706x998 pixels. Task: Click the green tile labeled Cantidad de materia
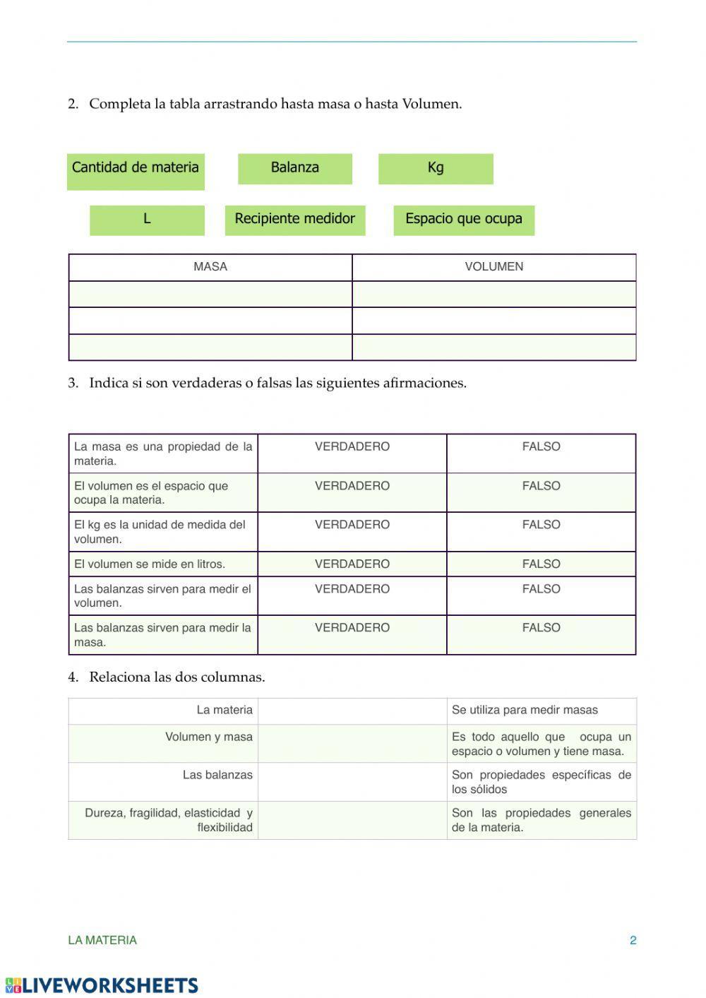tap(136, 171)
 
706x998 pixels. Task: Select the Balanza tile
tap(294, 168)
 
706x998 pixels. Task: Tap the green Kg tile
tap(436, 168)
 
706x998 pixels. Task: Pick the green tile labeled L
tap(147, 220)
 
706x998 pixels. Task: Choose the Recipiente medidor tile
tap(294, 220)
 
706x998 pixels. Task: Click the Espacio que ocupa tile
tap(464, 220)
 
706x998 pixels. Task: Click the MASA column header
tap(210, 267)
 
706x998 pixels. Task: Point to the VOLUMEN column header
tap(494, 267)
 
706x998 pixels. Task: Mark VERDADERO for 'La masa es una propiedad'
tap(352, 447)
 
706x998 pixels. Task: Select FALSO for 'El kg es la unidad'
tap(541, 525)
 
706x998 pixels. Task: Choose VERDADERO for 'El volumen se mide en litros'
tap(352, 564)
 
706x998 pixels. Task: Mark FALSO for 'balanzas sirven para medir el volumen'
tap(541, 589)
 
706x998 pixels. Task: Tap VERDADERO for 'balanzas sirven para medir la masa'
tap(352, 628)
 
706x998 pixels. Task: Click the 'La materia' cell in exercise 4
tap(224, 711)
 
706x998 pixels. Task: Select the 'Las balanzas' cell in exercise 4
tap(217, 776)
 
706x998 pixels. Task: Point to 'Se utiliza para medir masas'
tap(525, 711)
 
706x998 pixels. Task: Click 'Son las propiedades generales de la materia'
tap(541, 820)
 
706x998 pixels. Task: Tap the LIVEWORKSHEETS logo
tap(102, 985)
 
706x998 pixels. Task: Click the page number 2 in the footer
tap(633, 941)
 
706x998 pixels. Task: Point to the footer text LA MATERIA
tap(102, 941)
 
